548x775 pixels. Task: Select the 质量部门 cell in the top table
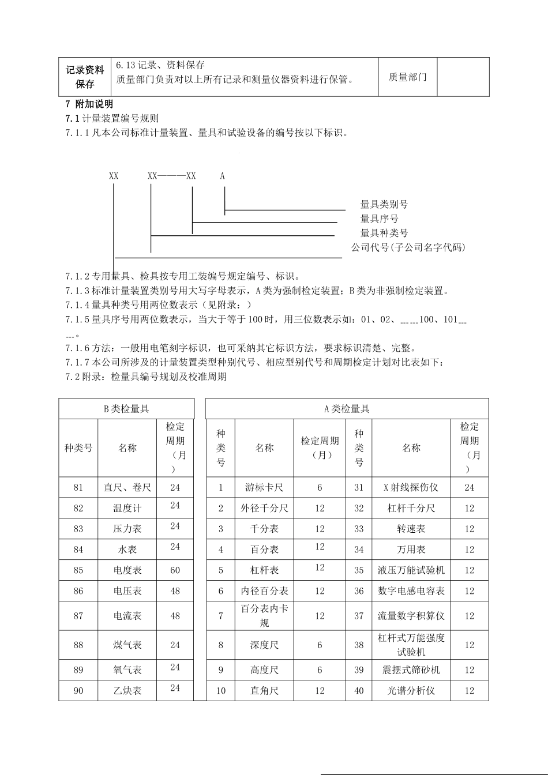click(407, 77)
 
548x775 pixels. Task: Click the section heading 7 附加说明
click(90, 104)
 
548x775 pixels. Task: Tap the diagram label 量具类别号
click(384, 204)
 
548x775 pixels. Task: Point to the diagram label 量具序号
click(379, 219)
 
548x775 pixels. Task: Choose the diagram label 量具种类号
click(384, 233)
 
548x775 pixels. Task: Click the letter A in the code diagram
click(223, 176)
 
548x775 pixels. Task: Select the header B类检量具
click(126, 409)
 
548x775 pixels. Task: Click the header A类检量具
click(347, 409)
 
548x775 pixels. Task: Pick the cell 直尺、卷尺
click(127, 487)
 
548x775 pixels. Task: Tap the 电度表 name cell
click(127, 570)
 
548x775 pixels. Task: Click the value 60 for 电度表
click(175, 570)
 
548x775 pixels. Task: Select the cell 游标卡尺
click(264, 487)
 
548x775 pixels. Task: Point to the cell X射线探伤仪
click(411, 487)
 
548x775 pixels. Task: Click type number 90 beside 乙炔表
click(78, 690)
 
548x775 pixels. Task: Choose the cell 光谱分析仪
click(411, 690)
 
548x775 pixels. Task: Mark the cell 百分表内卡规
click(264, 616)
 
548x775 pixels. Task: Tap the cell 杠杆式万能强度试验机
click(411, 645)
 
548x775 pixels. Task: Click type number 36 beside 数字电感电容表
click(359, 591)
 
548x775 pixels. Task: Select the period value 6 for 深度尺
click(320, 645)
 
